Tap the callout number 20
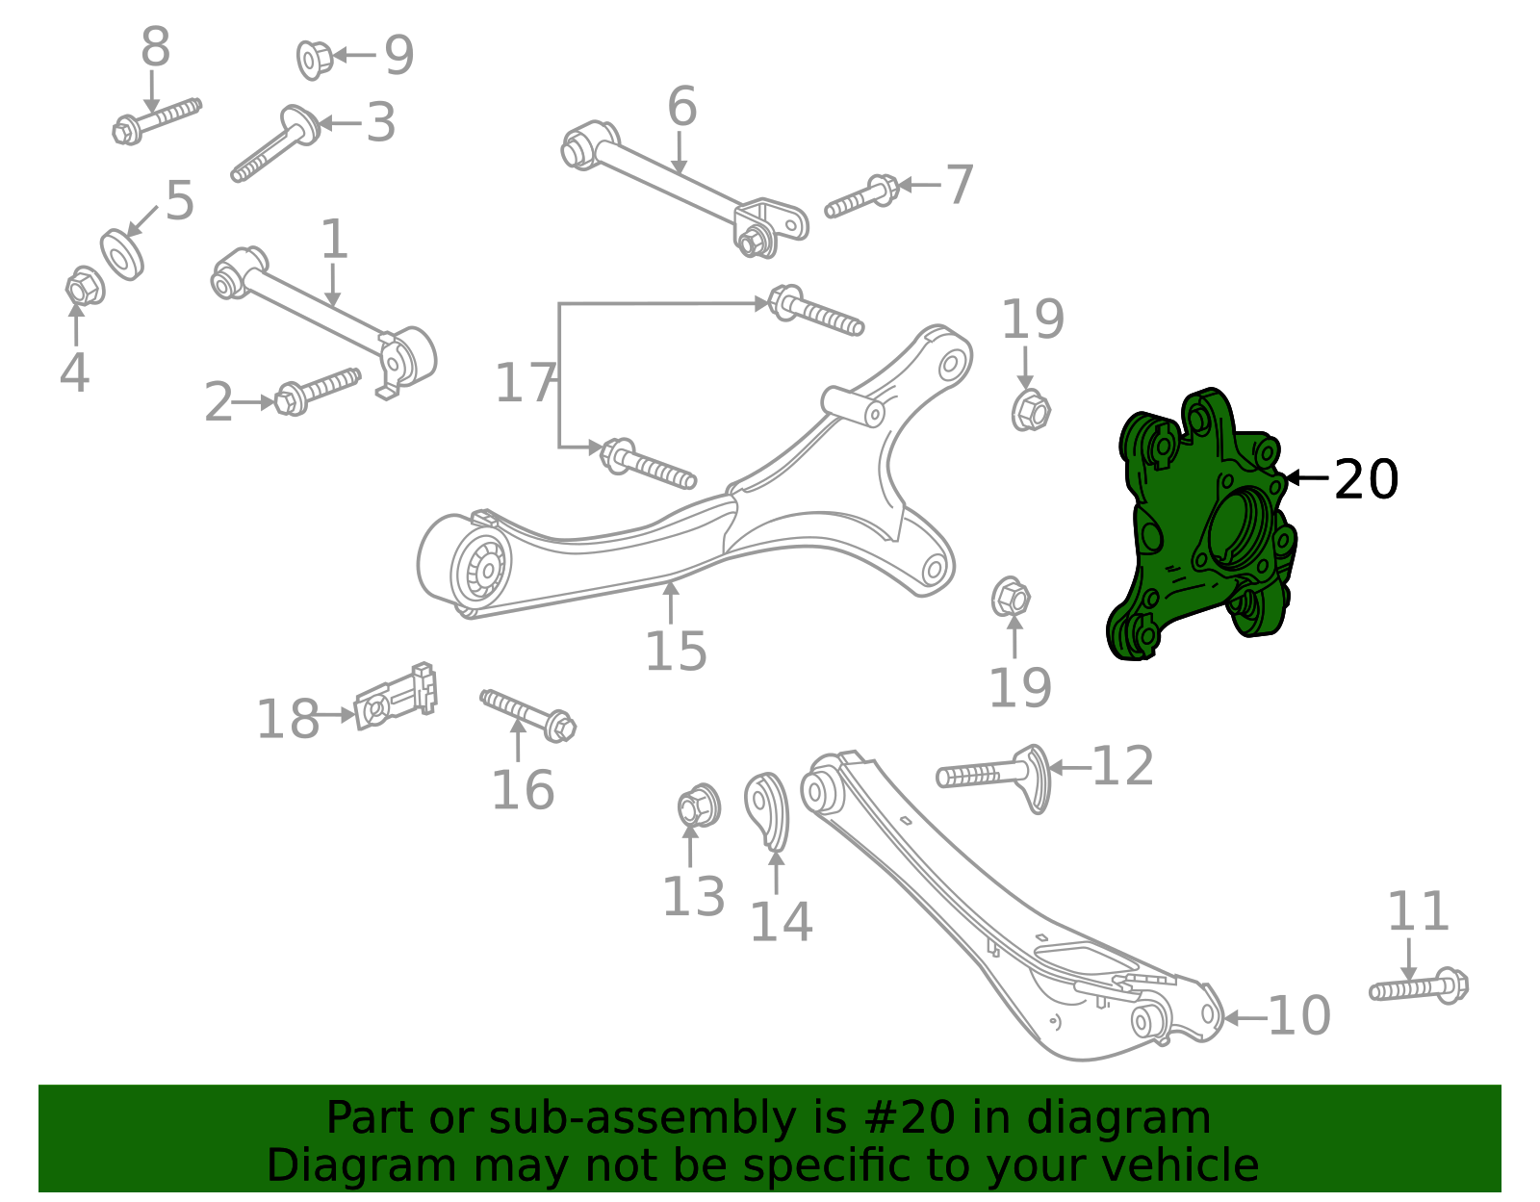click(1366, 479)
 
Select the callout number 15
click(676, 652)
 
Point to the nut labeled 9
click(313, 59)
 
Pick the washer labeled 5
click(122, 254)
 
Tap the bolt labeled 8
click(156, 119)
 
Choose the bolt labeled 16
click(527, 714)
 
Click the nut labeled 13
click(697, 806)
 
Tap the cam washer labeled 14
click(767, 809)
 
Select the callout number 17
click(525, 383)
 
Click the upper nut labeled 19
click(1030, 411)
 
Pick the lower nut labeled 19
click(1011, 599)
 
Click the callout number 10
click(1299, 1016)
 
